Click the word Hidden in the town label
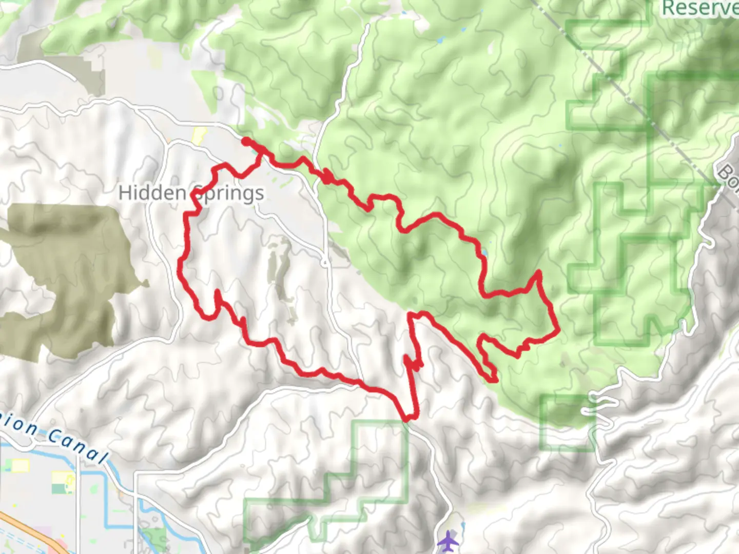click(152, 193)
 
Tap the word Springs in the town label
click(229, 193)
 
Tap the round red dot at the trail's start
click(246, 141)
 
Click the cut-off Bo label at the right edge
click(729, 177)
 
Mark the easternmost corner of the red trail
click(558, 331)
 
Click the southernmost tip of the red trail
click(408, 419)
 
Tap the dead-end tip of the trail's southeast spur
click(494, 380)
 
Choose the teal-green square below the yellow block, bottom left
click(59, 488)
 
